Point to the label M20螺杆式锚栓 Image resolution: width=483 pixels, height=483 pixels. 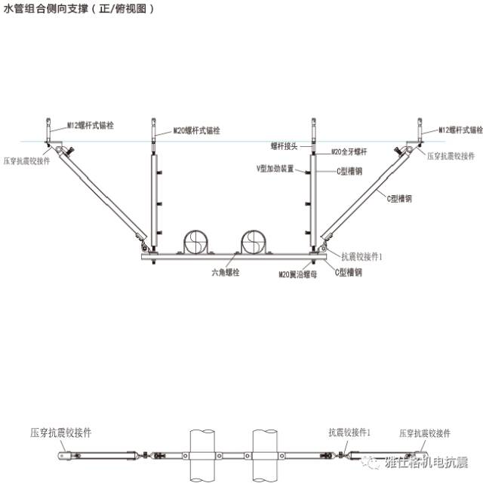point(197,130)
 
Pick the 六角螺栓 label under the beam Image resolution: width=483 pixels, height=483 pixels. point(224,272)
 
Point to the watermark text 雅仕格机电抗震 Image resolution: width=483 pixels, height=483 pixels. point(426,461)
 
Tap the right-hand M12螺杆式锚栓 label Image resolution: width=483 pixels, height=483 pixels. point(460,130)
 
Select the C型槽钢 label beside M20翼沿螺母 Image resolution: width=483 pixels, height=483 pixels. point(348,272)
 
